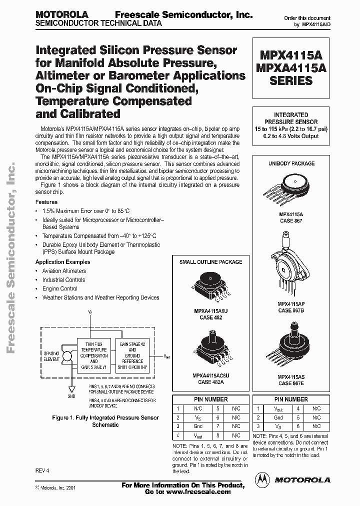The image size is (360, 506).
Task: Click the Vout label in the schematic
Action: click(166, 356)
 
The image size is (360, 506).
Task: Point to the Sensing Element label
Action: click(51, 356)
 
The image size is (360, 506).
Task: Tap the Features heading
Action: click(46, 202)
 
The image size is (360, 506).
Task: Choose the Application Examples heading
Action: click(62, 262)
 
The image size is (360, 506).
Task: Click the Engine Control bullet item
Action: click(59, 288)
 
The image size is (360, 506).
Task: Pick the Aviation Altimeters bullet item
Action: click(64, 271)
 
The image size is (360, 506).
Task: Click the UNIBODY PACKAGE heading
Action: click(291, 163)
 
